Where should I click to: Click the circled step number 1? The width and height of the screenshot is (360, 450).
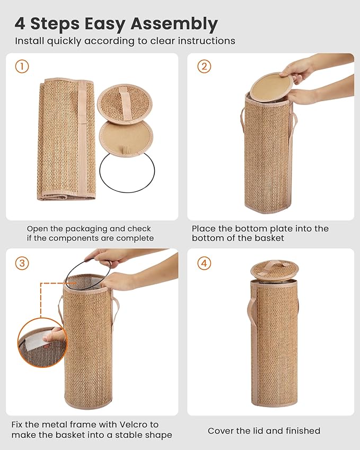(22, 67)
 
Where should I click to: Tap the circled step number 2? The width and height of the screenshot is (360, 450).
(204, 67)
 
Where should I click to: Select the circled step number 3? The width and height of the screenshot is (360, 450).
(22, 263)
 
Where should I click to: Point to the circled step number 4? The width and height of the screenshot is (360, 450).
(204, 263)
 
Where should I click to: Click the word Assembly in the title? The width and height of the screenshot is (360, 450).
(175, 24)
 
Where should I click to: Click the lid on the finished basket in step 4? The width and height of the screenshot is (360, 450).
(274, 268)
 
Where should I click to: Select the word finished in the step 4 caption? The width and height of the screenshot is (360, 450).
(301, 431)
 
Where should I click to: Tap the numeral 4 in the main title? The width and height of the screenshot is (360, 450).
(20, 24)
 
